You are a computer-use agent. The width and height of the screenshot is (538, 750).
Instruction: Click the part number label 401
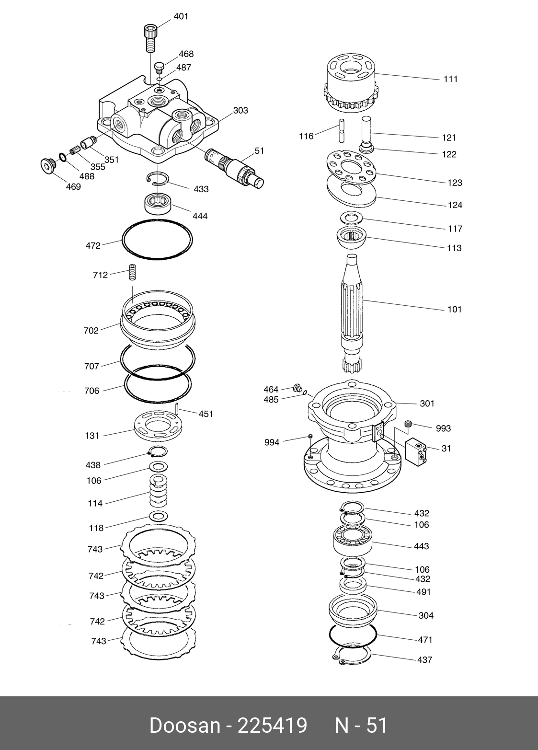pyautogui.click(x=181, y=17)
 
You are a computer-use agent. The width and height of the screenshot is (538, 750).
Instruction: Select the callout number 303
pyautogui.click(x=240, y=111)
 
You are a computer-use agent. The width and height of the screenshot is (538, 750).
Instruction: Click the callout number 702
pyautogui.click(x=91, y=330)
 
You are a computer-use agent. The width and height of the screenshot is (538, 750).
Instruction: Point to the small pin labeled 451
pyautogui.click(x=177, y=409)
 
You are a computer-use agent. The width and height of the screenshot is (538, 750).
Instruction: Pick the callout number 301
pyautogui.click(x=427, y=404)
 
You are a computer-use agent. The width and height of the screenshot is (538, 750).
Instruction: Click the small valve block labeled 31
pyautogui.click(x=416, y=450)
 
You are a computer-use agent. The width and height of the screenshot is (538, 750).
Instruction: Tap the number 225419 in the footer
pyautogui.click(x=272, y=726)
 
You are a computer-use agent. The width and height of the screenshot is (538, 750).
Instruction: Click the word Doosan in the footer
pyautogui.click(x=183, y=726)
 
